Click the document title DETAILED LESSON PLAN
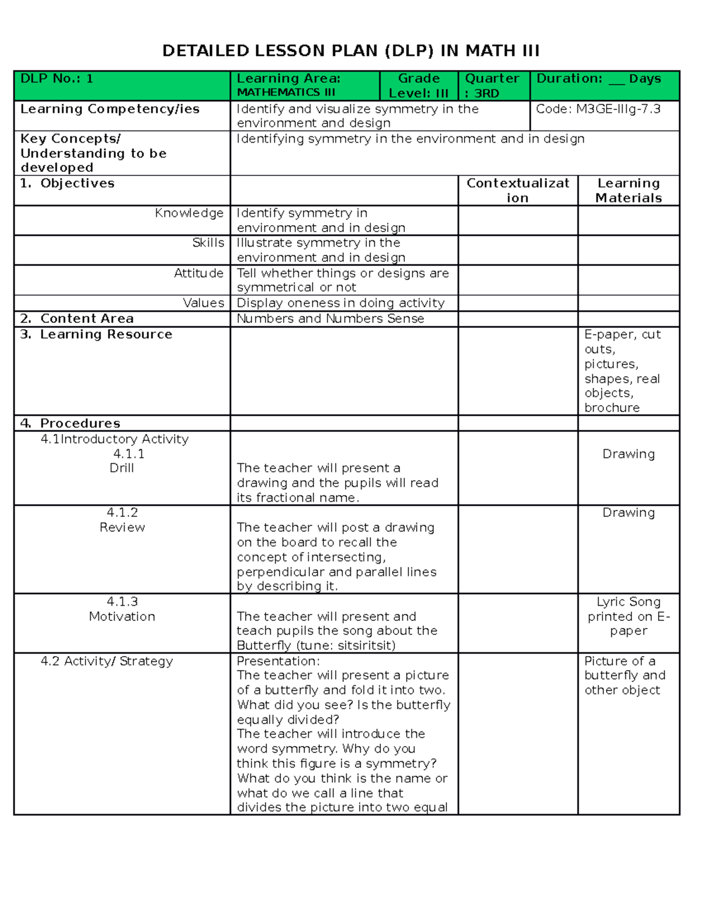[350, 51]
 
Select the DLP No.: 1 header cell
[57, 79]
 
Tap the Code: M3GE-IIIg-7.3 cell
[598, 109]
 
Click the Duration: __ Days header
[598, 79]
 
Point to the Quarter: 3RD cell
[491, 85]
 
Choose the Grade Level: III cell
[418, 85]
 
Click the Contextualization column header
[518, 190]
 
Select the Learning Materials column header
[628, 190]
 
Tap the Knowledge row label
[189, 213]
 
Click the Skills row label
[208, 243]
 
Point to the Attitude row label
[198, 273]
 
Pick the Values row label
[203, 303]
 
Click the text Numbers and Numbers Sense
[330, 319]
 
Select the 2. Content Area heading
[77, 319]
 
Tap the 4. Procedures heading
[70, 423]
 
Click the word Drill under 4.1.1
[122, 468]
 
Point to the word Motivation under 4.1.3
[122, 617]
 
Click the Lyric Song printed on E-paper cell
[628, 616]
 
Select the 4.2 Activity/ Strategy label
[106, 661]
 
